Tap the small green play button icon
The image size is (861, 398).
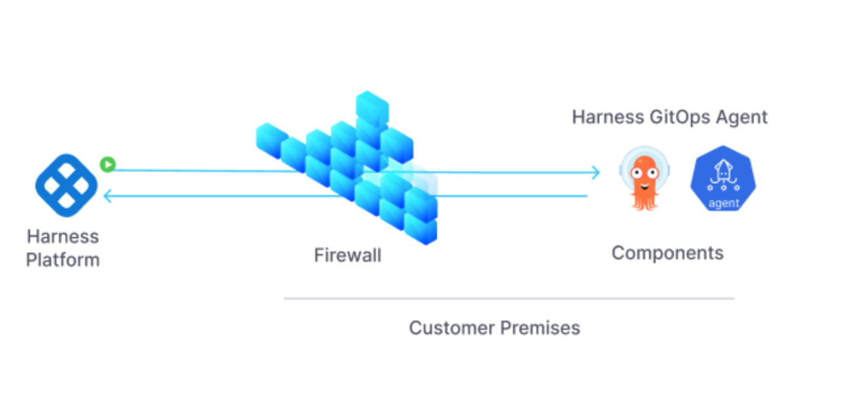pyautogui.click(x=107, y=164)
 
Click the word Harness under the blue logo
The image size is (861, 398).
pyautogui.click(x=63, y=236)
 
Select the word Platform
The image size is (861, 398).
pyautogui.click(x=63, y=260)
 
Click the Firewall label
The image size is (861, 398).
pyautogui.click(x=347, y=255)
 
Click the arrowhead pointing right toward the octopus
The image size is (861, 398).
pyautogui.click(x=595, y=173)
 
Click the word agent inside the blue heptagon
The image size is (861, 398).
pyautogui.click(x=723, y=203)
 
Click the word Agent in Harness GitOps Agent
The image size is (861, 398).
pyautogui.click(x=741, y=117)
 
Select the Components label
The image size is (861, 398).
pyautogui.click(x=667, y=253)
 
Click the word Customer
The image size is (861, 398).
pyautogui.click(x=451, y=327)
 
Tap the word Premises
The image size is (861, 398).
pyautogui.click(x=539, y=327)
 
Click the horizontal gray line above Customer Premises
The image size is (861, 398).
pyautogui.click(x=508, y=298)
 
